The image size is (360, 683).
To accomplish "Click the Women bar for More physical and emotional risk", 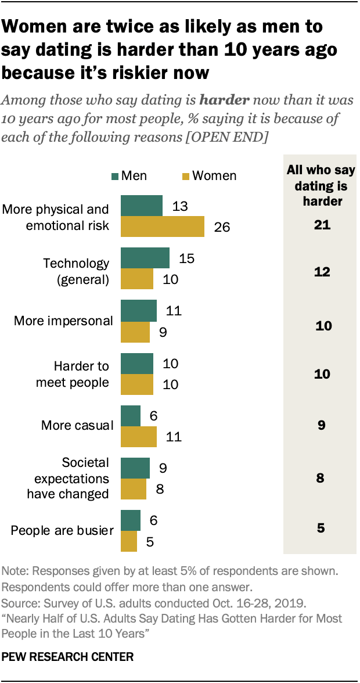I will pyautogui.click(x=162, y=227).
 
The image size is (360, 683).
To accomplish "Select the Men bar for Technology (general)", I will pyautogui.click(x=145, y=258).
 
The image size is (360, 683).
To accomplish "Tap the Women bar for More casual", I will pyautogui.click(x=138, y=436).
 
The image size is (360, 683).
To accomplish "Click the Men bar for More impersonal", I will pyautogui.click(x=138, y=311).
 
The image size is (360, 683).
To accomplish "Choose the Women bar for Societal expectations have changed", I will pyautogui.click(x=133, y=489).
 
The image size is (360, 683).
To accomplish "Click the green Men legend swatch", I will pyautogui.click(x=116, y=176).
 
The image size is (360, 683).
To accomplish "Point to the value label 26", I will pyautogui.click(x=222, y=227).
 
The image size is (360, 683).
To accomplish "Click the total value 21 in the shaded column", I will pyautogui.click(x=319, y=225).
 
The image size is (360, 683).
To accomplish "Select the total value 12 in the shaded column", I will pyautogui.click(x=319, y=271).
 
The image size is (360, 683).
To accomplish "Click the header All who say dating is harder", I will pyautogui.click(x=318, y=186).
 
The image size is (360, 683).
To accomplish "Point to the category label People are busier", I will pyautogui.click(x=61, y=530).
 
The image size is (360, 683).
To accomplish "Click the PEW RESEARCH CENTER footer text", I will pyautogui.click(x=68, y=657).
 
